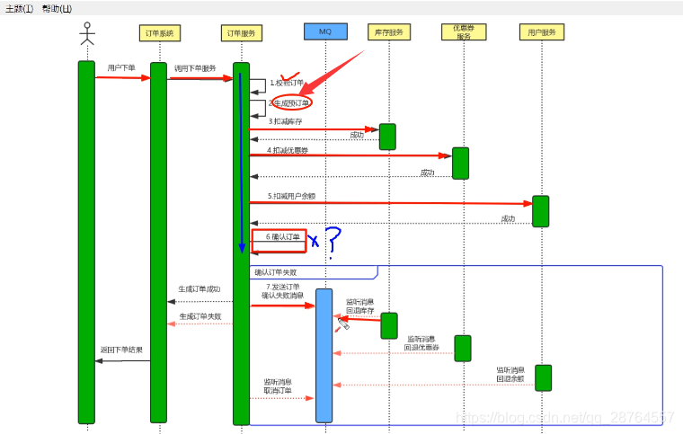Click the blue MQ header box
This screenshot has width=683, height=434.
tap(324, 32)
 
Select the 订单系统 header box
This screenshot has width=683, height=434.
tap(163, 33)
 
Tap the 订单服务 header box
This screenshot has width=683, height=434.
tap(241, 33)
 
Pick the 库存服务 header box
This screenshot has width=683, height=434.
tap(388, 33)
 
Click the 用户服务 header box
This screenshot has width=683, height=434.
tap(541, 33)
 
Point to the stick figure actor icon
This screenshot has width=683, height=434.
tap(86, 33)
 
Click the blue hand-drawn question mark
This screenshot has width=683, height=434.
tap(333, 241)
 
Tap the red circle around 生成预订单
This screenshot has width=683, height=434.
tap(292, 103)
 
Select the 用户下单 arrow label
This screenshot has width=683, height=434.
tap(121, 68)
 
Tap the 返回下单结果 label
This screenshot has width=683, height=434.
tap(121, 350)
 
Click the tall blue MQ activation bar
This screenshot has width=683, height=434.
tap(324, 355)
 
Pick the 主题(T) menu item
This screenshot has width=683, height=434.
tap(19, 8)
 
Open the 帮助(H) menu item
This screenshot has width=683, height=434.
tap(57, 8)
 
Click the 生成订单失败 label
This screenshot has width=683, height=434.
tap(200, 316)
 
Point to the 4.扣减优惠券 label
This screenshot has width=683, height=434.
tap(288, 150)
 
